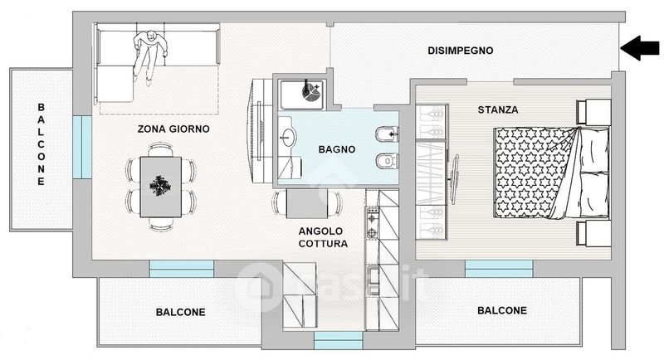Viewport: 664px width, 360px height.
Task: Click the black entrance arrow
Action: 640,48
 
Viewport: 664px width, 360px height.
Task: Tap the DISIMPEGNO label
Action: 461,51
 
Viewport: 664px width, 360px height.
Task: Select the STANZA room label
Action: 498,110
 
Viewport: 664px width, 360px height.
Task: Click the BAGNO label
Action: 337,149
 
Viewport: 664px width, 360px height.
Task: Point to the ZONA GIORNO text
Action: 173,129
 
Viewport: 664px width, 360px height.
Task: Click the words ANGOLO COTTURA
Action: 323,237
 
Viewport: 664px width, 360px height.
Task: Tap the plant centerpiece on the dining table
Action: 160,186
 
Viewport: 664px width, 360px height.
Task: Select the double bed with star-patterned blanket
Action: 552,173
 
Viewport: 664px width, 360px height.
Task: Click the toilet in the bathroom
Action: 387,161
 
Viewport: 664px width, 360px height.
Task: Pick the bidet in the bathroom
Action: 387,134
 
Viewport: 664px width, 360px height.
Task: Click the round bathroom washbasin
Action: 288,137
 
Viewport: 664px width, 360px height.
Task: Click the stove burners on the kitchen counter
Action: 372,225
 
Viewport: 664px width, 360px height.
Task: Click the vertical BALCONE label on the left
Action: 41,144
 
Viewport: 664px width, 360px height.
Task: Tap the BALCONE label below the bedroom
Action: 502,310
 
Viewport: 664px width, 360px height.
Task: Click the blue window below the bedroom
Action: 499,269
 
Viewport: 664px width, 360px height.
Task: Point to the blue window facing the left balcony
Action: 82,147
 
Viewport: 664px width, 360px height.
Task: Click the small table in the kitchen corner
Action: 307,204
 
